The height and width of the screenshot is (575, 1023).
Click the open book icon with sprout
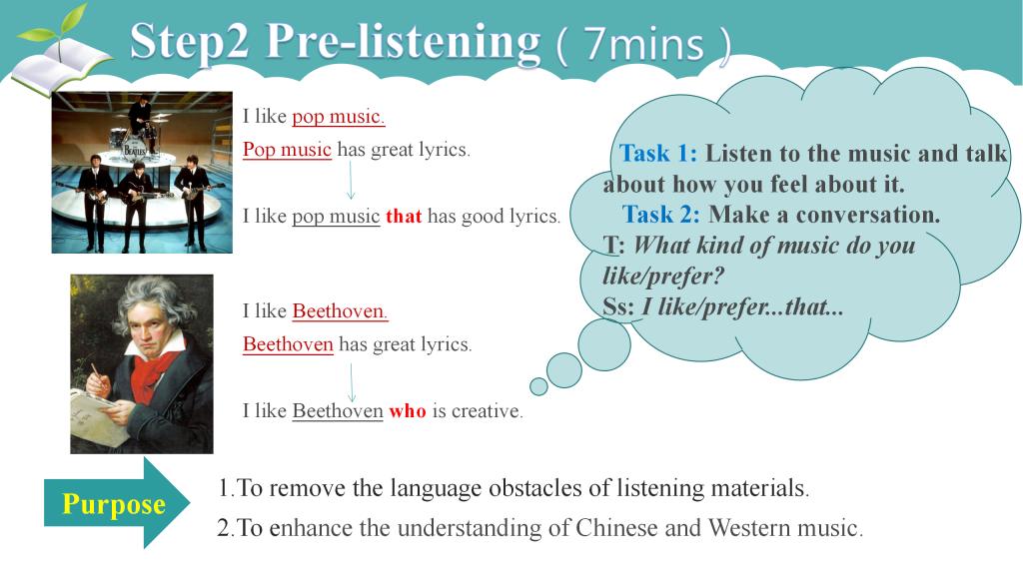62,56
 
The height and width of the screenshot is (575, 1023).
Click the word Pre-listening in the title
404,42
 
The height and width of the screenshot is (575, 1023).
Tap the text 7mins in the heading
644,44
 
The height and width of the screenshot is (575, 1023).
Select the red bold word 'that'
404,216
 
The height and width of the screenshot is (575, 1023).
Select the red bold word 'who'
408,410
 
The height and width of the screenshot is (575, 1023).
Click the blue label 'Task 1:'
658,153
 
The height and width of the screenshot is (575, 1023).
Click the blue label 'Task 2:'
661,214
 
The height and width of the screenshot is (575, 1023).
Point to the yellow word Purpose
114,504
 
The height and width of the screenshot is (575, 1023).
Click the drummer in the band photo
140,118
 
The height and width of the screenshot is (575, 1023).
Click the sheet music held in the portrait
98,416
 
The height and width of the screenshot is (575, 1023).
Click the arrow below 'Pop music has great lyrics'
351,180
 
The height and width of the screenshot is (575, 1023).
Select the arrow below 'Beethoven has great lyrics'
352,382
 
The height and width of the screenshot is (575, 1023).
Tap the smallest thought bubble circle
538,386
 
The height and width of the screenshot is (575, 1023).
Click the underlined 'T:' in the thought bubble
614,246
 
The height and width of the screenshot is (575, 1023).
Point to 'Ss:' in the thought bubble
617,306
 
